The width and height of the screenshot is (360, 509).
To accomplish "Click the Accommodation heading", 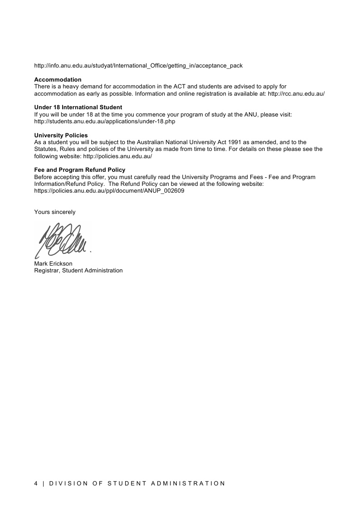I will click(58, 80).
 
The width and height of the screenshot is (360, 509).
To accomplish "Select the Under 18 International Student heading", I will click(78, 107).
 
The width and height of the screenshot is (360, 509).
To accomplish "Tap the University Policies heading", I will click(61, 135).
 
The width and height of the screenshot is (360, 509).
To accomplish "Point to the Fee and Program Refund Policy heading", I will click(80, 170).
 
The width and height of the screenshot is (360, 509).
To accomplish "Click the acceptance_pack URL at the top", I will click(138, 66).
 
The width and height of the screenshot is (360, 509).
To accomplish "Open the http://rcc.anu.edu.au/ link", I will click(296, 93).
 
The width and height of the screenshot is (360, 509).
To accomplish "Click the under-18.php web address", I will click(105, 121).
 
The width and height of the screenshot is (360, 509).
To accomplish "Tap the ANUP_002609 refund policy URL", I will click(109, 191).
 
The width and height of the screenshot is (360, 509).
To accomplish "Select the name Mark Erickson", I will click(53, 264).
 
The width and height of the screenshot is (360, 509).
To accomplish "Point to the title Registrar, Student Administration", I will click(78, 271).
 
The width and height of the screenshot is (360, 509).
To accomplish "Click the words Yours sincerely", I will click(55, 212).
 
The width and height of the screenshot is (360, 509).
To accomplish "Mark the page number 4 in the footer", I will click(36, 483).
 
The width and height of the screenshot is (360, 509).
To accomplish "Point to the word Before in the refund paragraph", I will click(44, 177).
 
